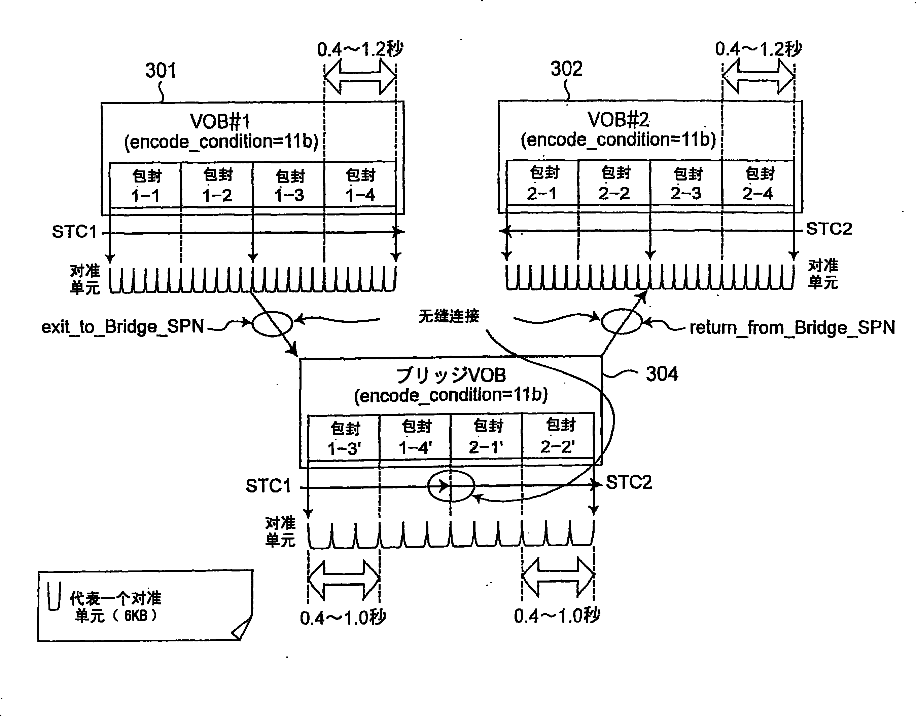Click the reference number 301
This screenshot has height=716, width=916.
161,71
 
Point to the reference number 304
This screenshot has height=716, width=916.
662,374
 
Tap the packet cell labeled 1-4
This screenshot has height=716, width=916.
360,185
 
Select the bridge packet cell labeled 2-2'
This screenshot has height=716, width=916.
558,436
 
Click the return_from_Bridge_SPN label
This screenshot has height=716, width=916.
792,328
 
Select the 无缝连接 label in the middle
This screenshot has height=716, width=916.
449,316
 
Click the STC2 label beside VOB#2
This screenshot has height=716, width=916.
829,229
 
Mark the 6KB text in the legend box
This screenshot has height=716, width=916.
136,616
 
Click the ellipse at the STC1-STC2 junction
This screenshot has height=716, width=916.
451,486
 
